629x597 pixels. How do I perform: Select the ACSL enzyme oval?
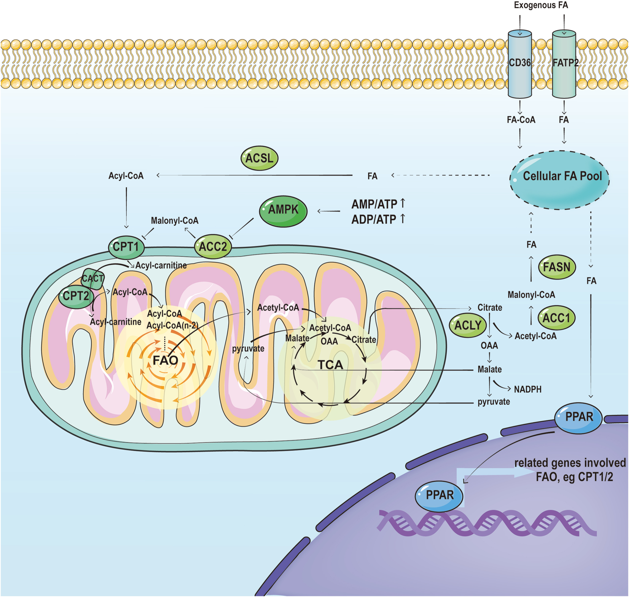[259, 158]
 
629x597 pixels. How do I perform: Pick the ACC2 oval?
[213, 247]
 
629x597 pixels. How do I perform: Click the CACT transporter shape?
[93, 278]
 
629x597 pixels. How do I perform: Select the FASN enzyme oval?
[556, 267]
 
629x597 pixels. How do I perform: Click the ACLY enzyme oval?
[468, 325]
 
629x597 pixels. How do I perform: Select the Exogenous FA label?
[541, 5]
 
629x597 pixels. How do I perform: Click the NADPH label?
[528, 389]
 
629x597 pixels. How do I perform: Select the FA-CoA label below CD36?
[521, 120]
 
